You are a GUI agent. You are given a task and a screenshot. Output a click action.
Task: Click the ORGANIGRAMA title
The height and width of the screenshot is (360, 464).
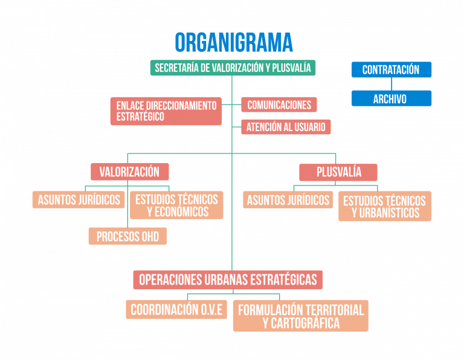(x=234, y=43)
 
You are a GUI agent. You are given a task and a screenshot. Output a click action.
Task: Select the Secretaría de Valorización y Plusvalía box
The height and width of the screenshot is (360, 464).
(x=233, y=68)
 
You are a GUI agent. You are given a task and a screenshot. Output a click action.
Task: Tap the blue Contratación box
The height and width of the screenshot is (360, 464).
(x=391, y=70)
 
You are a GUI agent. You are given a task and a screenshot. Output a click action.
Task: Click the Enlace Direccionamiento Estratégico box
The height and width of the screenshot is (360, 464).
(x=166, y=111)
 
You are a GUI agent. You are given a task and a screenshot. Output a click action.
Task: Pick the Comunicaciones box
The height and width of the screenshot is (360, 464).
(x=279, y=105)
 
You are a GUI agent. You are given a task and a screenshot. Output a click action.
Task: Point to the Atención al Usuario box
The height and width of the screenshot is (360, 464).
(x=286, y=127)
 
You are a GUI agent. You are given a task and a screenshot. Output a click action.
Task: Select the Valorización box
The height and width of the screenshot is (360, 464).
(x=129, y=172)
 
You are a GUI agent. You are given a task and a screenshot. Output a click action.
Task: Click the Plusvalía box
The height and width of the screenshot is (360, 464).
(x=338, y=172)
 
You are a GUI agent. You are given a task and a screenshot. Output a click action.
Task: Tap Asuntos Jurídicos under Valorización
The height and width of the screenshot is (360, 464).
(x=79, y=200)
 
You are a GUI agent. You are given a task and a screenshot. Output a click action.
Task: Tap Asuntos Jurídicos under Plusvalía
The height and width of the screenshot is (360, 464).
(x=288, y=200)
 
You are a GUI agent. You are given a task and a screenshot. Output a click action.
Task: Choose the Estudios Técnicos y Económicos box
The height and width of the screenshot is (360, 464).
(x=176, y=205)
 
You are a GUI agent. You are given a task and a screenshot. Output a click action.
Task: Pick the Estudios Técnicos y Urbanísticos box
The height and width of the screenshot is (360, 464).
(x=385, y=207)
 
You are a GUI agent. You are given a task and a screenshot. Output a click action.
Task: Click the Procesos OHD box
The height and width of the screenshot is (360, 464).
(x=127, y=236)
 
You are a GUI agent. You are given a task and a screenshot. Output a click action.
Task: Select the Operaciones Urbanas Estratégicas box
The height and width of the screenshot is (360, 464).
(x=228, y=280)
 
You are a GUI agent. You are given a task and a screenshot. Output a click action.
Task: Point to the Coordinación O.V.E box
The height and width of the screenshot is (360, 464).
(x=176, y=310)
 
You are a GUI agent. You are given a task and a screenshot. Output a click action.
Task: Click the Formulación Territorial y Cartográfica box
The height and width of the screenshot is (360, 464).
(x=300, y=316)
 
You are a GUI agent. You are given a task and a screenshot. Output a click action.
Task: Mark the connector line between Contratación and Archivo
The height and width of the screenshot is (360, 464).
(x=391, y=84)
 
